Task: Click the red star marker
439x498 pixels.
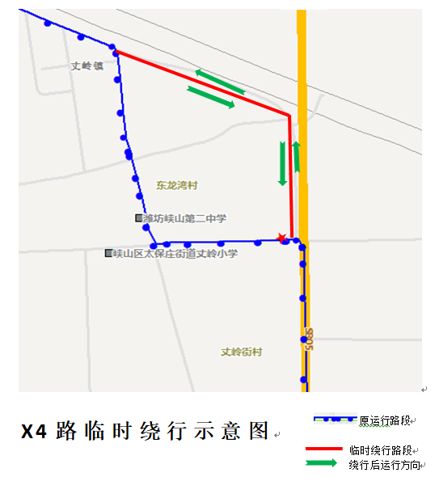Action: coord(281,238)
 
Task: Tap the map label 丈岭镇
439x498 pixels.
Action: coord(87,66)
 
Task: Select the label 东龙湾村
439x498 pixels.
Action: coord(177,185)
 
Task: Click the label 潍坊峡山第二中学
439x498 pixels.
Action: coord(184,218)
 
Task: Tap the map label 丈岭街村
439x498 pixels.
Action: coord(242,352)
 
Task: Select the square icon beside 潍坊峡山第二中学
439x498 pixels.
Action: coord(138,218)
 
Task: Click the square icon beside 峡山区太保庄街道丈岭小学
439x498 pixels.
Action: coord(108,254)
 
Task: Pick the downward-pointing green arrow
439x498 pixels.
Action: coord(282,163)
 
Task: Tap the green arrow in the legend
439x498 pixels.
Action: coord(323,464)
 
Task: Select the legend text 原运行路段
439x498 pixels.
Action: coord(386,421)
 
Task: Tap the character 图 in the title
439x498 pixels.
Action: coord(259,431)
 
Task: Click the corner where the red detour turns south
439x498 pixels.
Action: coord(289,116)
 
